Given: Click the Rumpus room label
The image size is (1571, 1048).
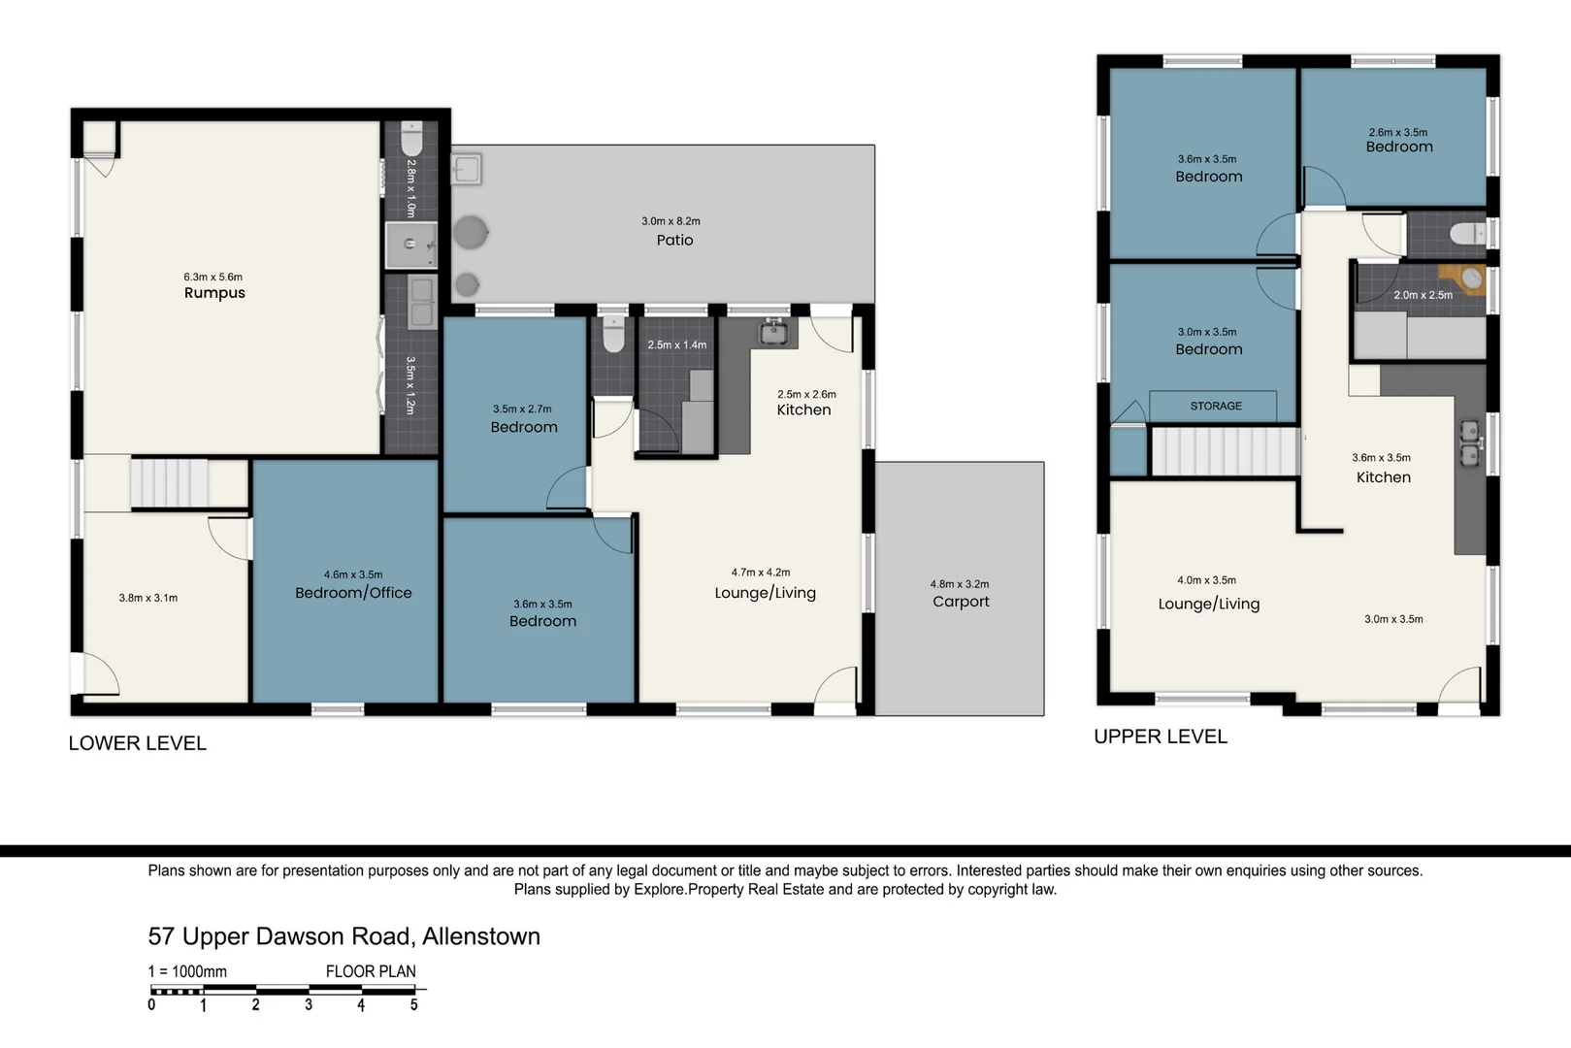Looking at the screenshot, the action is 214,293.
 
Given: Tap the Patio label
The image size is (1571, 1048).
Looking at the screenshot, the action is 674,240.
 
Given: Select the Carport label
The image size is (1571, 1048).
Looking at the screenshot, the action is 961,602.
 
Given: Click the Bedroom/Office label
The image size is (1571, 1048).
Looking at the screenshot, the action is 353,593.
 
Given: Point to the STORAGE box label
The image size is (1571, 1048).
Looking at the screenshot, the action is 1216,407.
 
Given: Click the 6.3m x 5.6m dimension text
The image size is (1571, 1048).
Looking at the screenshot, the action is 213,278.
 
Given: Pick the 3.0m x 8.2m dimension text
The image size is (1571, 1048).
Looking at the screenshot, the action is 671,221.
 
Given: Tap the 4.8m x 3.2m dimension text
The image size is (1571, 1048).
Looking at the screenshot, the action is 960,583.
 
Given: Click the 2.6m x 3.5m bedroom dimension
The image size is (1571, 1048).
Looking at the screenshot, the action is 1397,132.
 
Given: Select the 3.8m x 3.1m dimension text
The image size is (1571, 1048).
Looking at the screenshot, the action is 148,599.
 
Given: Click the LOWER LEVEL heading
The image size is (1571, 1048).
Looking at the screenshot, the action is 138,743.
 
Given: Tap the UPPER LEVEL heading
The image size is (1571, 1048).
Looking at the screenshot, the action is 1161,737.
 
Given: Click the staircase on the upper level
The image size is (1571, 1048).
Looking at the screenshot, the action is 1226,451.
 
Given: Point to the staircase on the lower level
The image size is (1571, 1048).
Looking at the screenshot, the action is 169,482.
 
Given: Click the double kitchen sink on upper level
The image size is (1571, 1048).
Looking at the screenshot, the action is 1471,443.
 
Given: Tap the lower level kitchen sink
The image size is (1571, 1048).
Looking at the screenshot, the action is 773,332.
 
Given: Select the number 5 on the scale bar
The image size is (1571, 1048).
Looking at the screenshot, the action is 413,1005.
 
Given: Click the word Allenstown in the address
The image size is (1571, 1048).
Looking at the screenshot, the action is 481,936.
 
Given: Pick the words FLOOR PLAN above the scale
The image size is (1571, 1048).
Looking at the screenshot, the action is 371,971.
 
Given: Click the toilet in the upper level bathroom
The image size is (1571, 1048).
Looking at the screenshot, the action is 1467,234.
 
